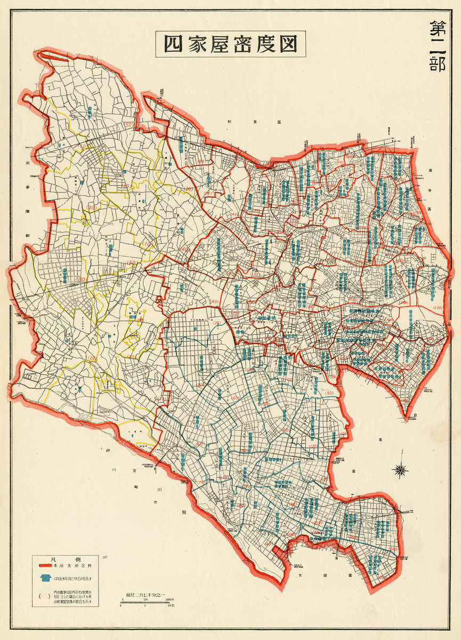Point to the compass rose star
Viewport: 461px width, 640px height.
click(400, 469)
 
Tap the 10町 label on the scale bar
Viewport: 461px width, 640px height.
click(171, 606)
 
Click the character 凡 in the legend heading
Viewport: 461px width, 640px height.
click(52, 558)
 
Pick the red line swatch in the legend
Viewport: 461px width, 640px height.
click(45, 565)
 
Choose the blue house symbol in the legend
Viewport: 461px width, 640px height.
click(45, 578)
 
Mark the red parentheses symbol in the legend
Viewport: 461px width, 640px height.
click(45, 597)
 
